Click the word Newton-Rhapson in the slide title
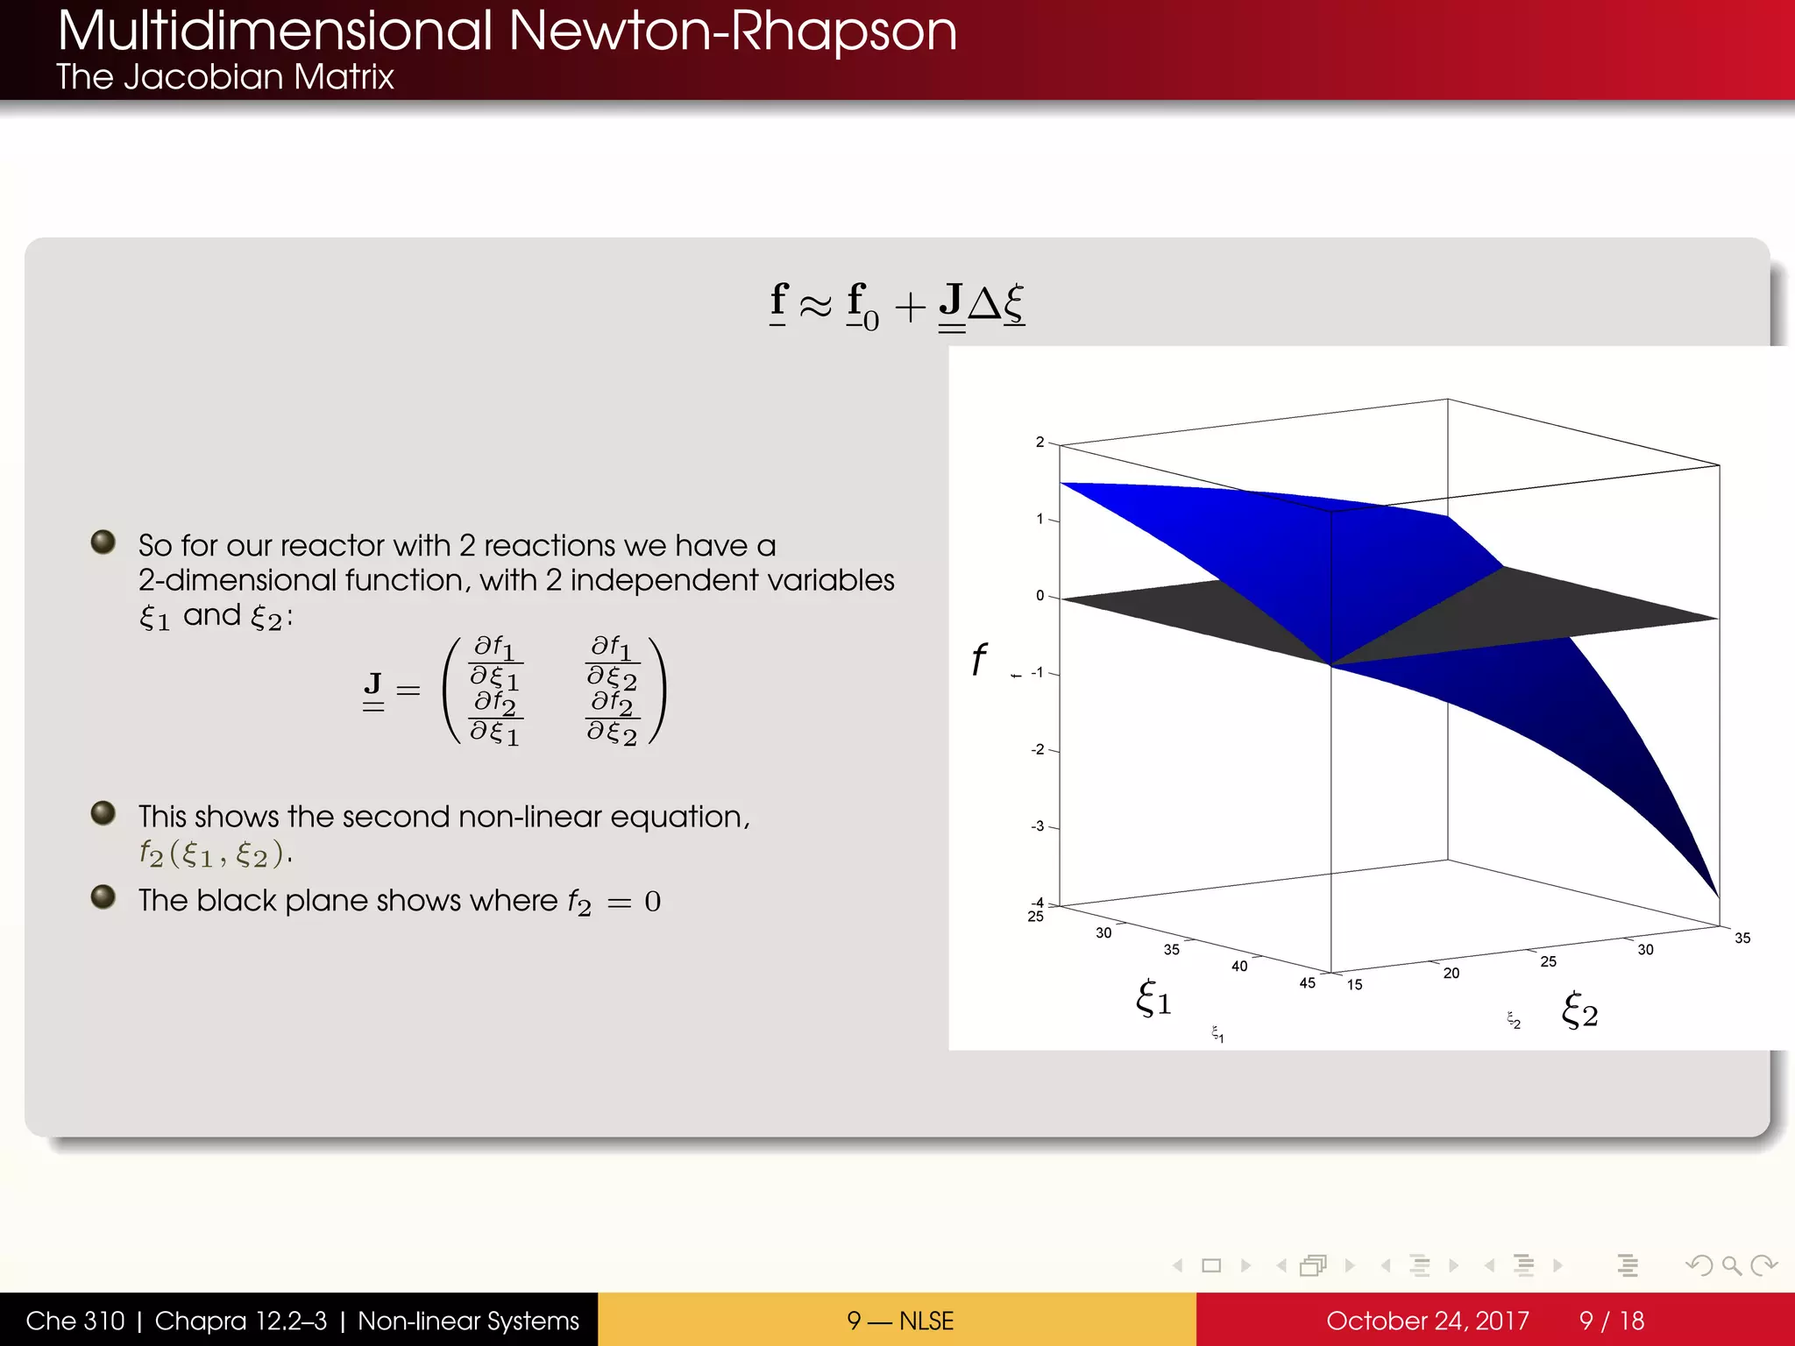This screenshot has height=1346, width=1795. click(732, 32)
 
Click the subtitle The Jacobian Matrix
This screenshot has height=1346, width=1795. click(225, 77)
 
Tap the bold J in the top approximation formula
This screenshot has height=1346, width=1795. click(951, 301)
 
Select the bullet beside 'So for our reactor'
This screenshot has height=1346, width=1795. click(103, 542)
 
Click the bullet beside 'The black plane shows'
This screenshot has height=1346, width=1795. click(103, 896)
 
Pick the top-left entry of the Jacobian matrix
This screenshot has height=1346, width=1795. click(495, 662)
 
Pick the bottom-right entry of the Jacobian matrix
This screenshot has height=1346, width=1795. click(612, 719)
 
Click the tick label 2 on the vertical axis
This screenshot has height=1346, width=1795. click(1039, 442)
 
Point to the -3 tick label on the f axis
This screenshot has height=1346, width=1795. click(1038, 826)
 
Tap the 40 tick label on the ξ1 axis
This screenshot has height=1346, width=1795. click(1239, 966)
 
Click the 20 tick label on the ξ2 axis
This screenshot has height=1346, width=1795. click(1451, 973)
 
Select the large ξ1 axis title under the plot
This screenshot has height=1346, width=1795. click(1153, 998)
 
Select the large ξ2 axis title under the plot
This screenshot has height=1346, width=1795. click(1579, 1011)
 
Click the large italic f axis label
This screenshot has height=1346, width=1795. click(979, 659)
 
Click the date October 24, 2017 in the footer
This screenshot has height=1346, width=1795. click(1427, 1321)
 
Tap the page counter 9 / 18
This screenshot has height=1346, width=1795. click(1611, 1321)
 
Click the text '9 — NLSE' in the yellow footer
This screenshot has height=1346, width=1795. click(900, 1321)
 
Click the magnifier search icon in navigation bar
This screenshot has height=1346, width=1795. click(1731, 1265)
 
